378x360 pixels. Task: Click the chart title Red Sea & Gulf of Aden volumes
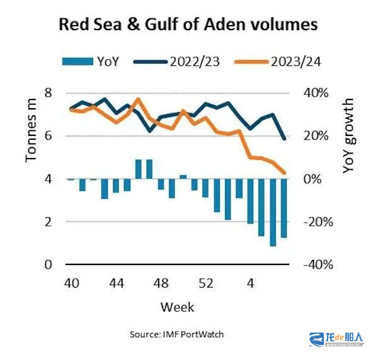188,25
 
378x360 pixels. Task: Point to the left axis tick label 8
48,93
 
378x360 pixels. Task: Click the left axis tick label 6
48,136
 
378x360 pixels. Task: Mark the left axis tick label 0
48,264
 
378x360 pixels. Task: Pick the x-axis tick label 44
115,283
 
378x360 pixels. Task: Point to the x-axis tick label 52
205,283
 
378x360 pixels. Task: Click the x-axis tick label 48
161,283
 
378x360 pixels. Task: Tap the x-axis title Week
177,307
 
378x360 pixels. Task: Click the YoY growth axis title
348,135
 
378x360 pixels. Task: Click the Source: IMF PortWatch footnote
177,334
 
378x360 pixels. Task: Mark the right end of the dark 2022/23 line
284,138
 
